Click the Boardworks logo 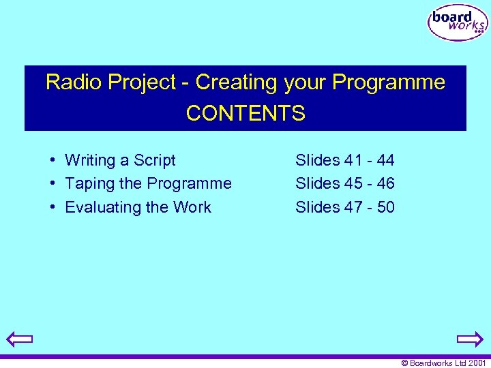click(458, 22)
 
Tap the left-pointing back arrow click(20, 339)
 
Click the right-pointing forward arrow click(470, 339)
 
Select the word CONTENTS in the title click(245, 113)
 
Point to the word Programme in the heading click(389, 82)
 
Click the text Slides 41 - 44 click(344, 161)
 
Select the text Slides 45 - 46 click(344, 184)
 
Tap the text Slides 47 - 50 click(344, 207)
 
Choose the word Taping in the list click(87, 184)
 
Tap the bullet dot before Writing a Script click(52, 160)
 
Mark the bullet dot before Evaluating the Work click(52, 206)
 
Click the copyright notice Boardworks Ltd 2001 click(443, 363)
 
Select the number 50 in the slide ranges click(385, 207)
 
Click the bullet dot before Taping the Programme click(52, 183)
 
